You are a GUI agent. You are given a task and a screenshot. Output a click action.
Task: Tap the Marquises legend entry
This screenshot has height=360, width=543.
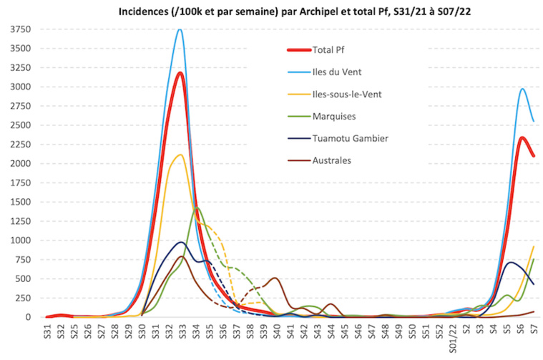click(333, 116)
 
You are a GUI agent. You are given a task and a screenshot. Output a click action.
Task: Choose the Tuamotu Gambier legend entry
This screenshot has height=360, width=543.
click(348, 138)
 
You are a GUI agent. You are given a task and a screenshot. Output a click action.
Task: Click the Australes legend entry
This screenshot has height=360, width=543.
click(332, 160)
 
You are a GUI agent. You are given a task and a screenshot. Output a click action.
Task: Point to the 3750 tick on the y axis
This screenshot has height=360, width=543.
click(19, 29)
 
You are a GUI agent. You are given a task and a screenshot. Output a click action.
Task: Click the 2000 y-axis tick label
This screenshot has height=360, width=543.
click(19, 163)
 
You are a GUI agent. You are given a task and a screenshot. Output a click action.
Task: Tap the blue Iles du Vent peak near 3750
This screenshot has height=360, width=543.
click(180, 30)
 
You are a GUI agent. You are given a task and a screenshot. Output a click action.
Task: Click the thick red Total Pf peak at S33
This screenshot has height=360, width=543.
click(180, 73)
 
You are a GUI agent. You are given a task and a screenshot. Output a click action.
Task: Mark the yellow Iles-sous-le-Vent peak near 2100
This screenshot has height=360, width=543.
click(180, 155)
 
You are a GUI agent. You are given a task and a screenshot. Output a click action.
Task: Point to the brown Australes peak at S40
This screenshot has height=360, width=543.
click(275, 278)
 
